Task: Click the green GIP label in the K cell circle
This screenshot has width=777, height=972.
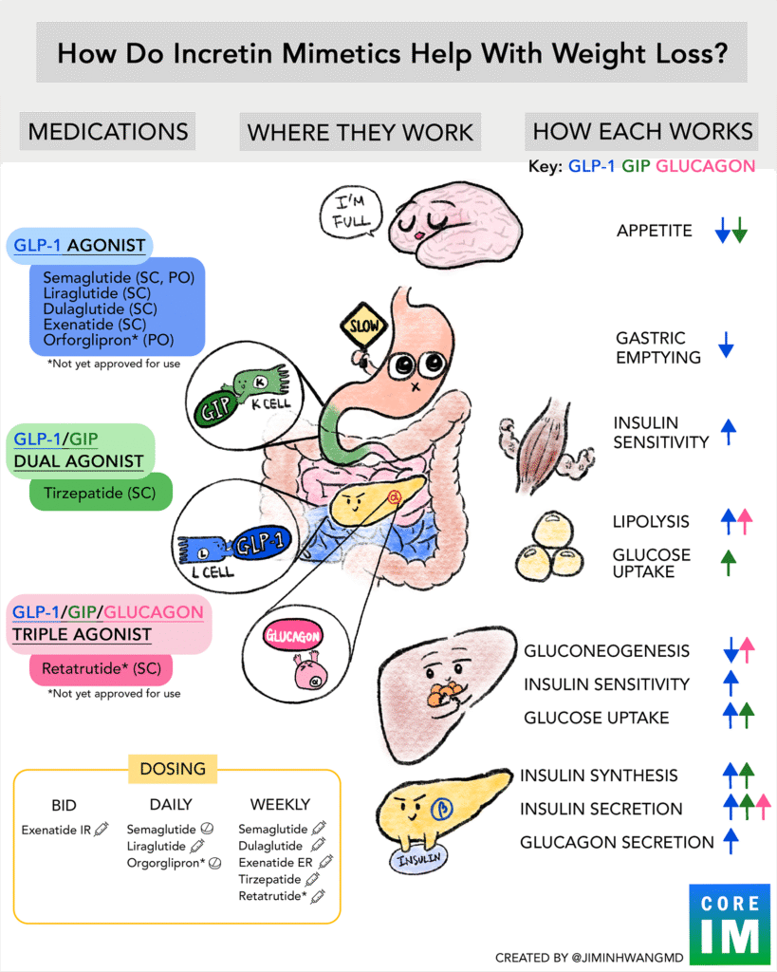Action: pos(215,411)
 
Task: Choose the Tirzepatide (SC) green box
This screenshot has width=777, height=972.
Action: pos(101,493)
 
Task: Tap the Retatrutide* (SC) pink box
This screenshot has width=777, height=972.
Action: pos(101,669)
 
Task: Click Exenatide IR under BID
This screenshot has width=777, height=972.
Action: pos(57,830)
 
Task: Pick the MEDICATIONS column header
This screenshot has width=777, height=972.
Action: pos(107,131)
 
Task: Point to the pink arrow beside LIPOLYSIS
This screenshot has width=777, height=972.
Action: pos(746,520)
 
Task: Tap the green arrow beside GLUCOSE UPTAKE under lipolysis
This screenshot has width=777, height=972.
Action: pos(729,563)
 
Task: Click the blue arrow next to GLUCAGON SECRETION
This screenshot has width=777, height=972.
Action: pos(731,841)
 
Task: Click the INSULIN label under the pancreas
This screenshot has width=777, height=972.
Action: pos(417,859)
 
